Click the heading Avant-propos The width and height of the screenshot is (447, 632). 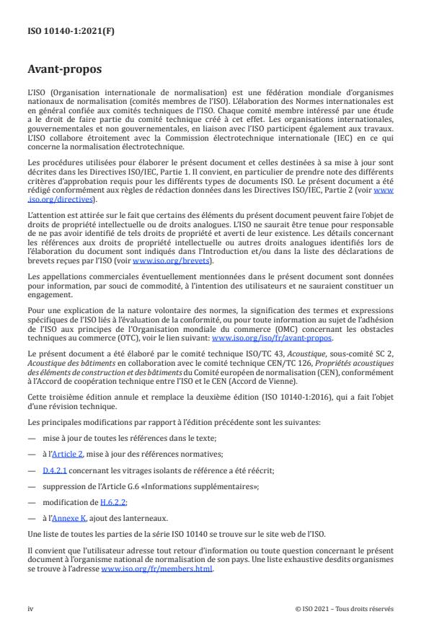pyautogui.click(x=62, y=70)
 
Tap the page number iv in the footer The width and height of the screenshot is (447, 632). pyautogui.click(x=30, y=608)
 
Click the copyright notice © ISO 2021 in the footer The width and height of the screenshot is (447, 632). pyautogui.click(x=345, y=608)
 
